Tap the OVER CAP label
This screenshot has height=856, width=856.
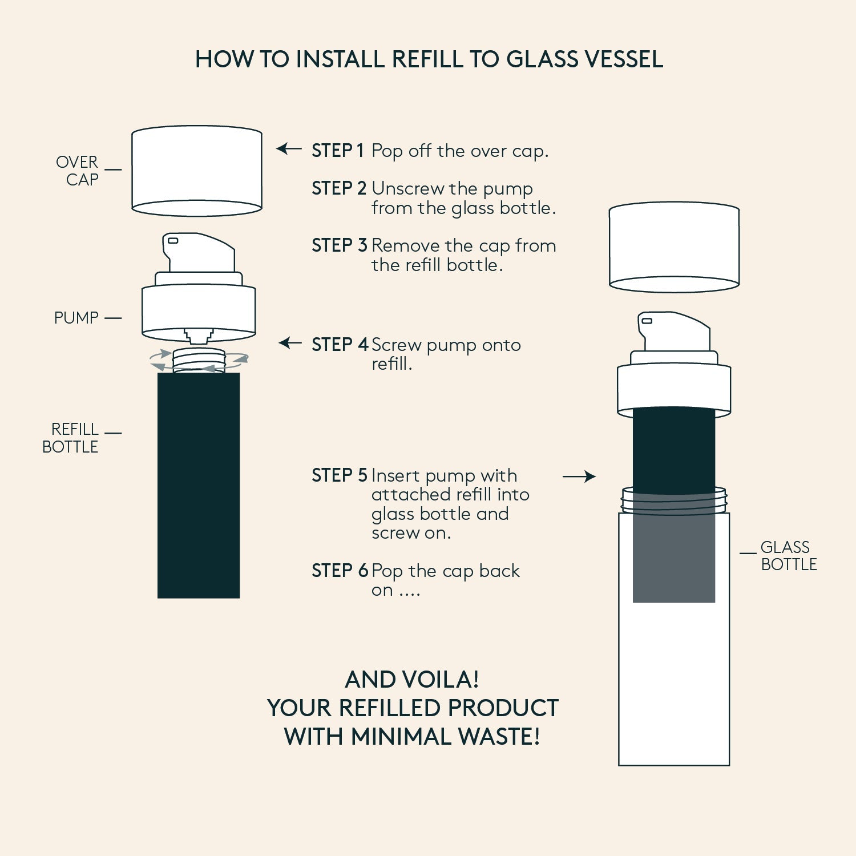77,171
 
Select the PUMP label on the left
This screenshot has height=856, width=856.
76,318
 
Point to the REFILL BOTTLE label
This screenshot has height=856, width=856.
70,438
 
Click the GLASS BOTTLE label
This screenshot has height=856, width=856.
789,556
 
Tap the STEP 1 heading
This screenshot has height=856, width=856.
337,151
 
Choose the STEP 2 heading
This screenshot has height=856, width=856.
339,188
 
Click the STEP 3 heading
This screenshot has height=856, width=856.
339,245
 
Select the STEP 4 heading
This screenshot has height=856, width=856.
340,345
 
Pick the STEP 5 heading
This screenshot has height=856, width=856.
339,475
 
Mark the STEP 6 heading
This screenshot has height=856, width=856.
340,570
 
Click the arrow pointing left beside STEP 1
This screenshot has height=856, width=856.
289,149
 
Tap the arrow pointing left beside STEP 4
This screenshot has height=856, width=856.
290,343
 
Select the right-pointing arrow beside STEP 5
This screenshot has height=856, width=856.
579,477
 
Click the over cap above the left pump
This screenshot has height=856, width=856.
197,171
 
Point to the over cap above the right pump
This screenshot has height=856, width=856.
674,247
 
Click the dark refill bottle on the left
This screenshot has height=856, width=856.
199,485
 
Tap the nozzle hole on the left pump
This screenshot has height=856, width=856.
172,241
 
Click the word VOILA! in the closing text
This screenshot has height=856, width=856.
441,679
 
